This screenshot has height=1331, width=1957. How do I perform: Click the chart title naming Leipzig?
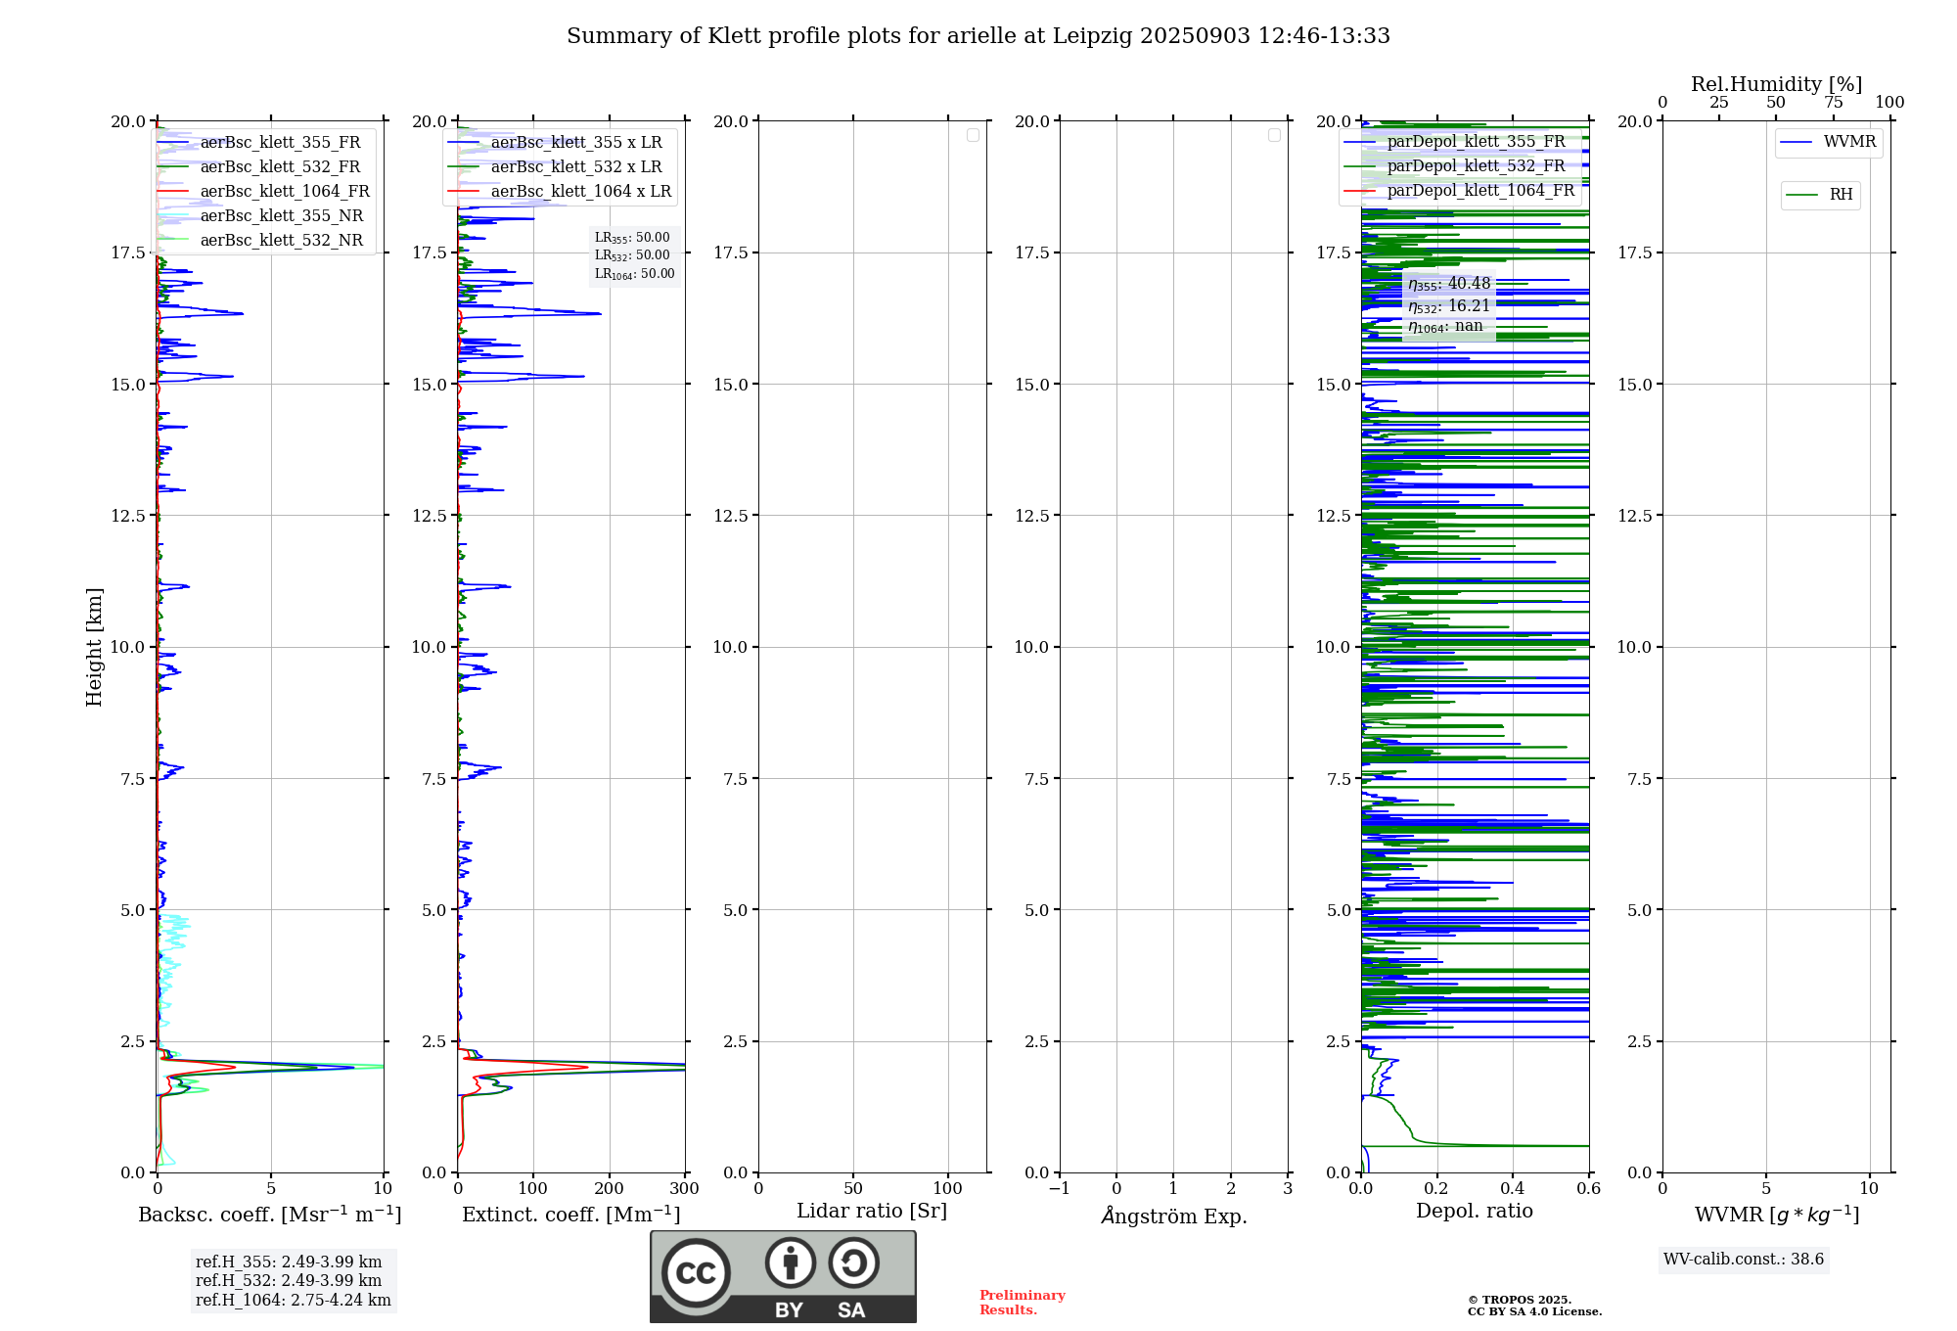pos(978,36)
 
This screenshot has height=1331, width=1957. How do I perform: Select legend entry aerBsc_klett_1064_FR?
pos(284,192)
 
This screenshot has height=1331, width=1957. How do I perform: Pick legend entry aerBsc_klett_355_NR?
pos(281,216)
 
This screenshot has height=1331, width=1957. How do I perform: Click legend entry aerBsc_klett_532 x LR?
pos(575,167)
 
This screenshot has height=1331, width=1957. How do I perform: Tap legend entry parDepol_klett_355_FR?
pos(1476,142)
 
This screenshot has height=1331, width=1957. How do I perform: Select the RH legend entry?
pos(1841,195)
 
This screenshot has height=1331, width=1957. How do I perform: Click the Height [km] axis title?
pos(94,647)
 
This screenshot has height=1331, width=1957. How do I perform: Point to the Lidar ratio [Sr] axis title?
pos(872,1211)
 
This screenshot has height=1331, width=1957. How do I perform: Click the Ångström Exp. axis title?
pos(1173,1216)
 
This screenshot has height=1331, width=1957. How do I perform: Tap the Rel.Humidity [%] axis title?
pos(1776,84)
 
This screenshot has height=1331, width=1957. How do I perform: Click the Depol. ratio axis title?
pos(1474,1211)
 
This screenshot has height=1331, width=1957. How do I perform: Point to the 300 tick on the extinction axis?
pos(685,1188)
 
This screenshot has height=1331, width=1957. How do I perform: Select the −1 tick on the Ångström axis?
pos(1059,1188)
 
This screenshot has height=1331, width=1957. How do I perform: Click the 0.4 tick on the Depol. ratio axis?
pos(1513,1188)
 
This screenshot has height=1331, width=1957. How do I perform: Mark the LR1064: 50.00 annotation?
pos(634,274)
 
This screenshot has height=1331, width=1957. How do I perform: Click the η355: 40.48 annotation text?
pos(1449,284)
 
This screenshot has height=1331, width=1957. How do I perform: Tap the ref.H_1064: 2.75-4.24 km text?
pos(293,1300)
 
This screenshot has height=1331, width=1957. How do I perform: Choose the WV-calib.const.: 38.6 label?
pos(1744,1259)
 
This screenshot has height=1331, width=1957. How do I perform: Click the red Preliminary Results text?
pos(1022,1302)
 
